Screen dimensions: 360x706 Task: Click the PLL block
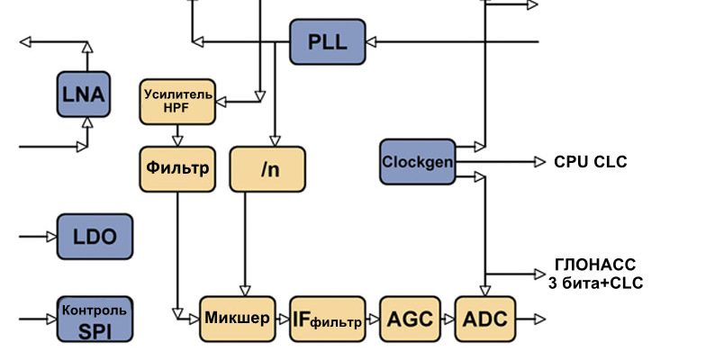click(x=328, y=41)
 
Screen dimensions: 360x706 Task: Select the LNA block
click(x=84, y=94)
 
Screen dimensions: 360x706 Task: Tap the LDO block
click(x=95, y=238)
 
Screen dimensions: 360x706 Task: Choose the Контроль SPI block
click(x=95, y=319)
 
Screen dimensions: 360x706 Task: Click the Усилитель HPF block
click(x=177, y=101)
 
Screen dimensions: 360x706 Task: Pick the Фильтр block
click(x=177, y=168)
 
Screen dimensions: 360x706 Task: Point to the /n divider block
click(x=267, y=168)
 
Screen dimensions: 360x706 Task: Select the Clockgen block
click(x=417, y=162)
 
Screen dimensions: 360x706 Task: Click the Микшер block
click(x=237, y=319)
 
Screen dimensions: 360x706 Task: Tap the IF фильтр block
click(x=328, y=319)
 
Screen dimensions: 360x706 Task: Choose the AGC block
click(x=410, y=319)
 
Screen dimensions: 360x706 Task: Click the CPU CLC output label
click(x=590, y=162)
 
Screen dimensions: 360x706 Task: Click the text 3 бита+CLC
click(x=596, y=283)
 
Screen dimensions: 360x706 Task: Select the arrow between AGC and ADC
click(x=448, y=319)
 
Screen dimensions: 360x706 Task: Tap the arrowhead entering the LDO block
click(x=50, y=238)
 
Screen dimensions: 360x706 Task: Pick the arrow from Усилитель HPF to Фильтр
click(x=177, y=135)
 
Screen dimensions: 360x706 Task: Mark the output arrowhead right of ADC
click(x=538, y=319)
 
